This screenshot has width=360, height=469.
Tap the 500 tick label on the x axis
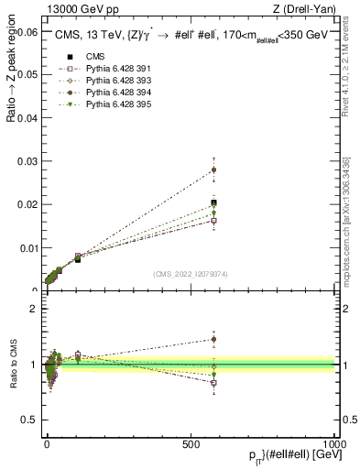pos(191,442)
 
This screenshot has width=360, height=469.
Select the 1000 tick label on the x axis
pos(334,442)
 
